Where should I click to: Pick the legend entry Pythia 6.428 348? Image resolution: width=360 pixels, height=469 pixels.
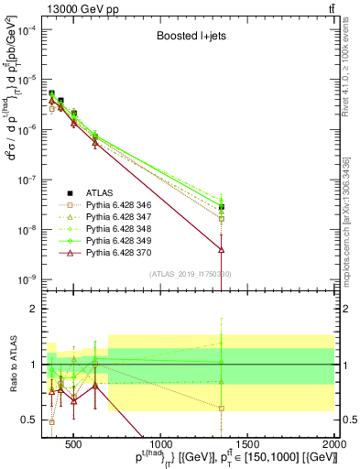(103, 230)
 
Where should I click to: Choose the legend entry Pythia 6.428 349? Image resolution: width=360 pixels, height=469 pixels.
(103, 242)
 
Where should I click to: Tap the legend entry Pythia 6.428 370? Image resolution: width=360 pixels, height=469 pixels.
(103, 254)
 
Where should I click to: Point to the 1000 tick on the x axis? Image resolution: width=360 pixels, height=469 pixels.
(161, 444)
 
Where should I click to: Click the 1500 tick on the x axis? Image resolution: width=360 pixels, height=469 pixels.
(248, 444)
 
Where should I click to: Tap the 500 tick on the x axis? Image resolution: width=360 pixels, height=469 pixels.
(74, 444)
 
